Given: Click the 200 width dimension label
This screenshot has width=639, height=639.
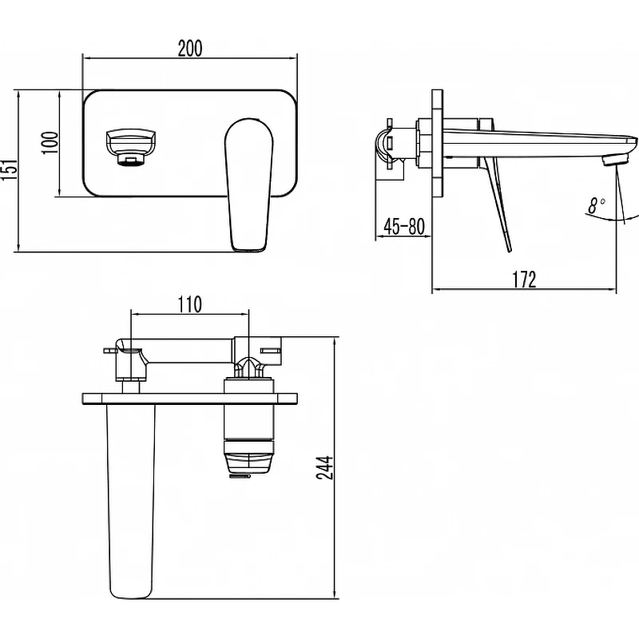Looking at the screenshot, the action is (x=190, y=48).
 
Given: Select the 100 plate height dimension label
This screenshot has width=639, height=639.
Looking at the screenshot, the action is (x=50, y=143).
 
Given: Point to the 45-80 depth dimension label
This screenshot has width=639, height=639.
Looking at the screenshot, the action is (x=404, y=226).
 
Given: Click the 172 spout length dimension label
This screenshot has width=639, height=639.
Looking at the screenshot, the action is (x=524, y=279).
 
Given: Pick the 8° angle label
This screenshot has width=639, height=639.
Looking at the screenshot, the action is (x=596, y=205).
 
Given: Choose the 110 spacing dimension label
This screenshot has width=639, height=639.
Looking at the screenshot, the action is (x=189, y=304).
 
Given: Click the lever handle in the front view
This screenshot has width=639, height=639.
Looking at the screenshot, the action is (x=248, y=185).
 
